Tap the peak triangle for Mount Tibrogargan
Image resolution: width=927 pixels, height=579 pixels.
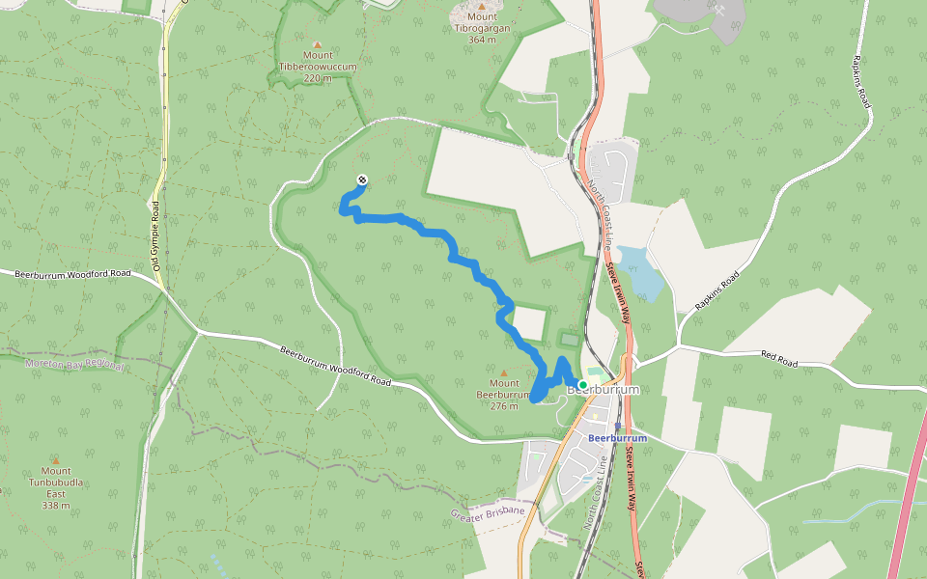coord(482,6)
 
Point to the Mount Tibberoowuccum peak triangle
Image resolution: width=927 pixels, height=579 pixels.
coord(318,42)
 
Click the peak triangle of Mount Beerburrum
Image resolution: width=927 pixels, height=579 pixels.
coord(503,372)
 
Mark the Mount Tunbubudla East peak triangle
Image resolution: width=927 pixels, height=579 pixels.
coord(56,459)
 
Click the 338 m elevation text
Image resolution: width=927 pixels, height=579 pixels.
coord(56,505)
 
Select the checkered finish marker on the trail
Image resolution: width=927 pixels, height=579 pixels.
coord(362,179)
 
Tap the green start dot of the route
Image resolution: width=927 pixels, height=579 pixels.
coord(583,384)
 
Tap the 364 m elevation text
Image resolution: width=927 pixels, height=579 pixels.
coord(481,40)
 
